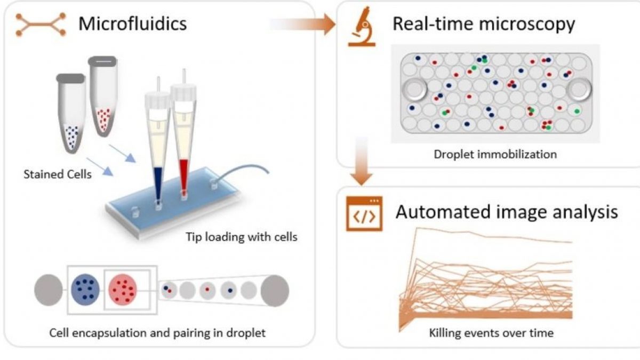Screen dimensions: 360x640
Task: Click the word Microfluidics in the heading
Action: click(x=133, y=24)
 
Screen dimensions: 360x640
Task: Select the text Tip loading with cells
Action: click(x=242, y=237)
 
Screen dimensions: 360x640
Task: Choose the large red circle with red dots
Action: click(x=123, y=291)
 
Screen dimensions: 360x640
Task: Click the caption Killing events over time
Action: click(x=491, y=333)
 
